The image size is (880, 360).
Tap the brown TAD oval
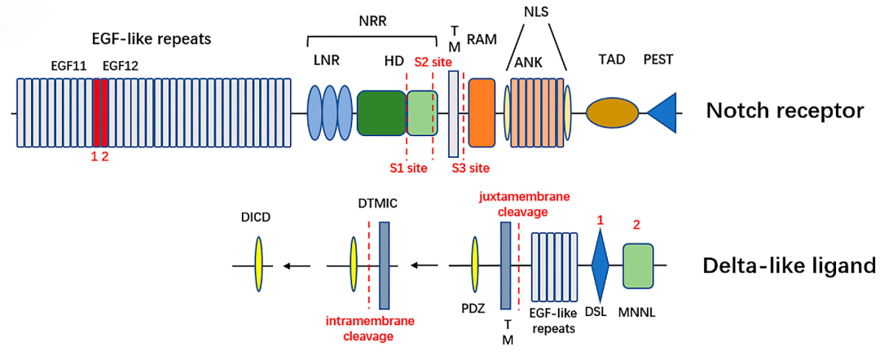tap(612, 113)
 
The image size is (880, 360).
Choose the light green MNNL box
tap(640, 265)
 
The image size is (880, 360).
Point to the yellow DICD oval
tap(258, 265)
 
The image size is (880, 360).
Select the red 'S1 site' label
tap(407, 168)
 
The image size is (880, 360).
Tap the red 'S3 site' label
tap(471, 168)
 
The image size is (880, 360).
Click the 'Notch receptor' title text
tap(784, 112)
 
